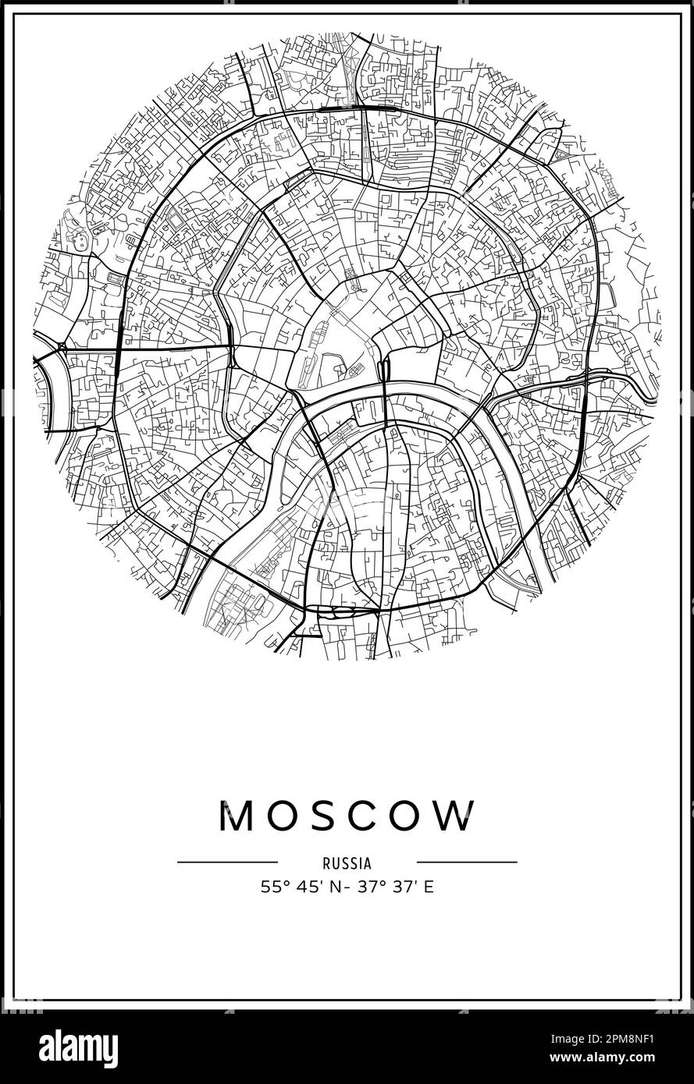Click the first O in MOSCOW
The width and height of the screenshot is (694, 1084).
click(278, 817)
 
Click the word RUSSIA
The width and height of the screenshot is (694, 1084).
click(347, 863)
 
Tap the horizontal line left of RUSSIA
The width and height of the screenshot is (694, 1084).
click(227, 863)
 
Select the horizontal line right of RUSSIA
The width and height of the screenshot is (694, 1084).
click(467, 863)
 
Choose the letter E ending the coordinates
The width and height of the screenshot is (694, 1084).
click(428, 887)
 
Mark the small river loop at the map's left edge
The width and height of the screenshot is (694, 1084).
click(47, 390)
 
